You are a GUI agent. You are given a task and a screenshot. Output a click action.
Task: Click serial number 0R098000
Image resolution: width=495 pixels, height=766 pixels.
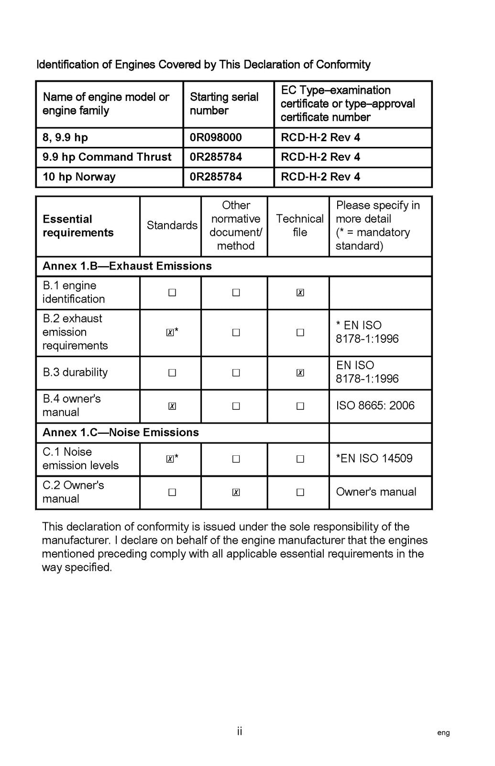pos(216,137)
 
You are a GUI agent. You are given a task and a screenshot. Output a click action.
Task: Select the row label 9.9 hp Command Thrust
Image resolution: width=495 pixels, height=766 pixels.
pos(107,157)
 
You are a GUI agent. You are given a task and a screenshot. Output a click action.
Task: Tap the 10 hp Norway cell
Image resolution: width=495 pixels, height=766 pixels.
pos(79,177)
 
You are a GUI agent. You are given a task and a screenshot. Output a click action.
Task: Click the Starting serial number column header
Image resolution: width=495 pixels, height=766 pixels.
pos(224,104)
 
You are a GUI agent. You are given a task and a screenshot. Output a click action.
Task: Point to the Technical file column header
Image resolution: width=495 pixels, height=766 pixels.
pos(299,225)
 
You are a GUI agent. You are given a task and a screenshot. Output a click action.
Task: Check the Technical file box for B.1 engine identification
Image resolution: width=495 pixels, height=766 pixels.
pos(300,293)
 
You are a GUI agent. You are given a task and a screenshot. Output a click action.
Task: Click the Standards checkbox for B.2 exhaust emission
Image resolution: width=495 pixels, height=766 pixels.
pos(170,333)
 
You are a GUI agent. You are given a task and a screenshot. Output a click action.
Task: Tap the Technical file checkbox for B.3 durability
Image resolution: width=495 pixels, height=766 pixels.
pos(300,373)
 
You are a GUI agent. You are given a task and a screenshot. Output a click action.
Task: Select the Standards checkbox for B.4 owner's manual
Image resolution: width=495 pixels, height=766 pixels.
pos(172,406)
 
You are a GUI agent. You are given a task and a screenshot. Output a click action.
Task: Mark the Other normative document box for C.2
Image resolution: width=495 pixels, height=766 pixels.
pos(236,492)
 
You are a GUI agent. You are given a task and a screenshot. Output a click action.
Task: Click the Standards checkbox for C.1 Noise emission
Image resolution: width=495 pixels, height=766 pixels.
pos(170,459)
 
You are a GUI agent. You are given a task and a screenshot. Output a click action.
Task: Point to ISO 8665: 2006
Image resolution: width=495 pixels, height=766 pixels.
pos(375,406)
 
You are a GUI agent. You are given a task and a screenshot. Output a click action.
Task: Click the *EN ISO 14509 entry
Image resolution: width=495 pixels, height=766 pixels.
pos(374,458)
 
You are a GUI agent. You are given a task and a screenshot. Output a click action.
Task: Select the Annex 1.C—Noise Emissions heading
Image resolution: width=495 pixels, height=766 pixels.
pos(121,432)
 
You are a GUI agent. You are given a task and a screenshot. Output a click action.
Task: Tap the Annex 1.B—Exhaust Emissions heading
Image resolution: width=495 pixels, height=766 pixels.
pos(127,266)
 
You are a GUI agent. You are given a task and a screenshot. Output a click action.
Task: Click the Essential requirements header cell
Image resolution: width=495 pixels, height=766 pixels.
pos(78,226)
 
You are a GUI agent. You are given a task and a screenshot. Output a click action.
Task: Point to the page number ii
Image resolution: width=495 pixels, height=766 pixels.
pos(239,731)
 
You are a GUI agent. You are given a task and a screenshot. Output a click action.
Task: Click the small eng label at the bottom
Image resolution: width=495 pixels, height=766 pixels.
pos(443,732)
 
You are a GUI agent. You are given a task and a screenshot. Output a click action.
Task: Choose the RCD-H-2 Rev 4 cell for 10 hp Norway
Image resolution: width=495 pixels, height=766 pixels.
pos(320,177)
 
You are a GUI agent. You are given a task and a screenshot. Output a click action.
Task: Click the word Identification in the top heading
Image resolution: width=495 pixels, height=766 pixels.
pos(67,65)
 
